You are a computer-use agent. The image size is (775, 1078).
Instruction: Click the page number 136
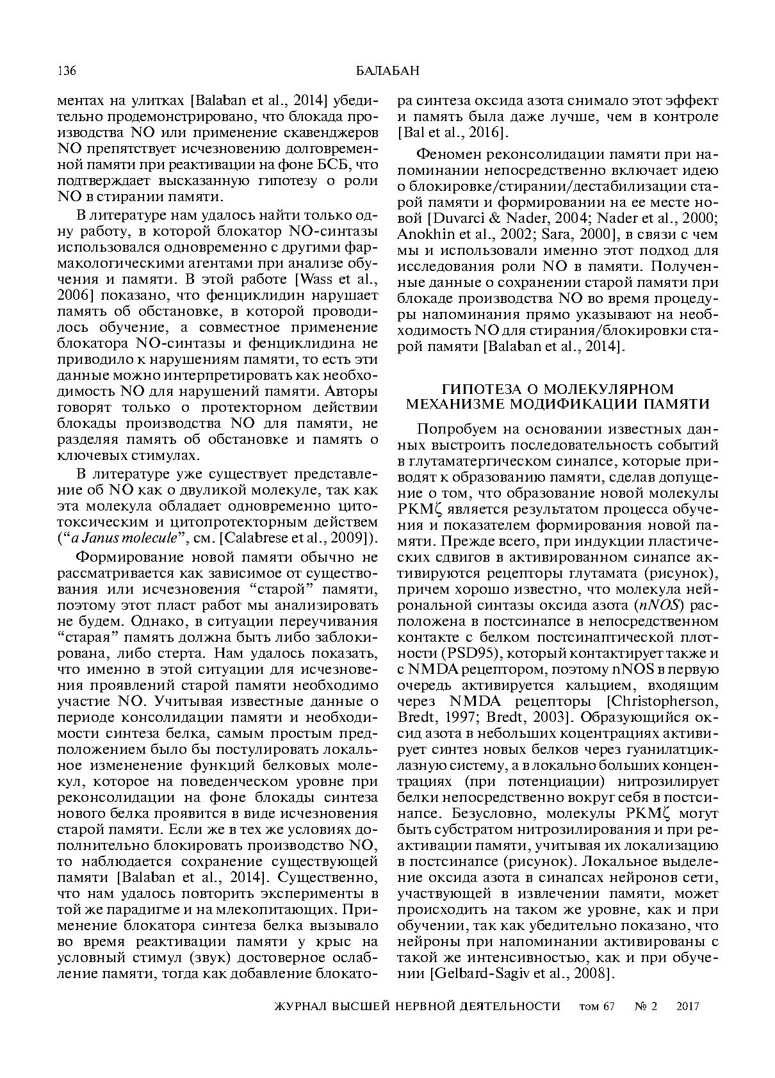point(67,70)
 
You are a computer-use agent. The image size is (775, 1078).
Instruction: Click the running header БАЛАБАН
point(387,70)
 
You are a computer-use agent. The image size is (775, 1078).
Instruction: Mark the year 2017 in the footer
point(687,1006)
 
